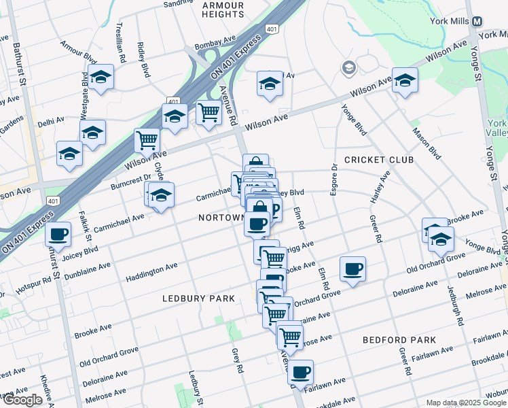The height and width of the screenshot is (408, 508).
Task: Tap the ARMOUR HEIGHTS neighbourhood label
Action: (x=223, y=9)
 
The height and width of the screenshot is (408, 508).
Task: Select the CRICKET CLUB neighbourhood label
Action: (x=379, y=160)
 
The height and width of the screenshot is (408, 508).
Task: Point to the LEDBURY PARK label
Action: (x=198, y=299)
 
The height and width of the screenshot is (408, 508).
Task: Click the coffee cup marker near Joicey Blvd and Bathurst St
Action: (x=58, y=234)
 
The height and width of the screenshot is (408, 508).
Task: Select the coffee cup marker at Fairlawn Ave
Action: (x=300, y=372)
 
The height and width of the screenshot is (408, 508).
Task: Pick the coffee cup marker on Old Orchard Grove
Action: (x=352, y=269)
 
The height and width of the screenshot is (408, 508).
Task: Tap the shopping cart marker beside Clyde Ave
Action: (x=147, y=140)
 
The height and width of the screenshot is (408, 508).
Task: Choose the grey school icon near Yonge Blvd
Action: (x=349, y=67)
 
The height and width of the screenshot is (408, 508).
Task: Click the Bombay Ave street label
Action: (x=213, y=46)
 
